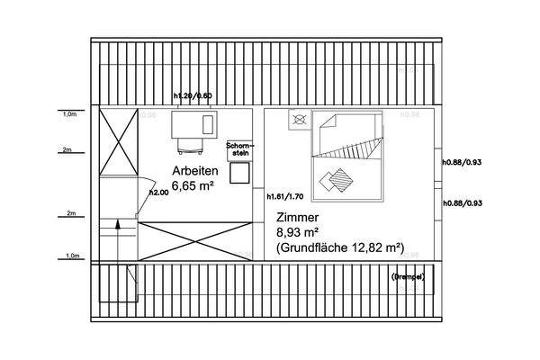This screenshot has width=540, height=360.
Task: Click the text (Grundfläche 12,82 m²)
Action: (x=339, y=247)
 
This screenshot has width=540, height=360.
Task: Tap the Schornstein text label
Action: (x=241, y=148)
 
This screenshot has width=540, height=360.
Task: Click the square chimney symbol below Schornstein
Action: (x=239, y=174)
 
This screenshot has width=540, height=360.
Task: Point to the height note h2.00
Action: (x=157, y=192)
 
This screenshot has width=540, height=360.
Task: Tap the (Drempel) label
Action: (x=408, y=275)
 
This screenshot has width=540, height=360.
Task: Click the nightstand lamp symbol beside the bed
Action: (x=300, y=118)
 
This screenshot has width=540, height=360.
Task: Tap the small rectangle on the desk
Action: (x=208, y=122)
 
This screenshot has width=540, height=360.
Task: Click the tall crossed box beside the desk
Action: (x=119, y=143)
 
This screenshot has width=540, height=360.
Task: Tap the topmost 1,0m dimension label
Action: (x=68, y=115)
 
